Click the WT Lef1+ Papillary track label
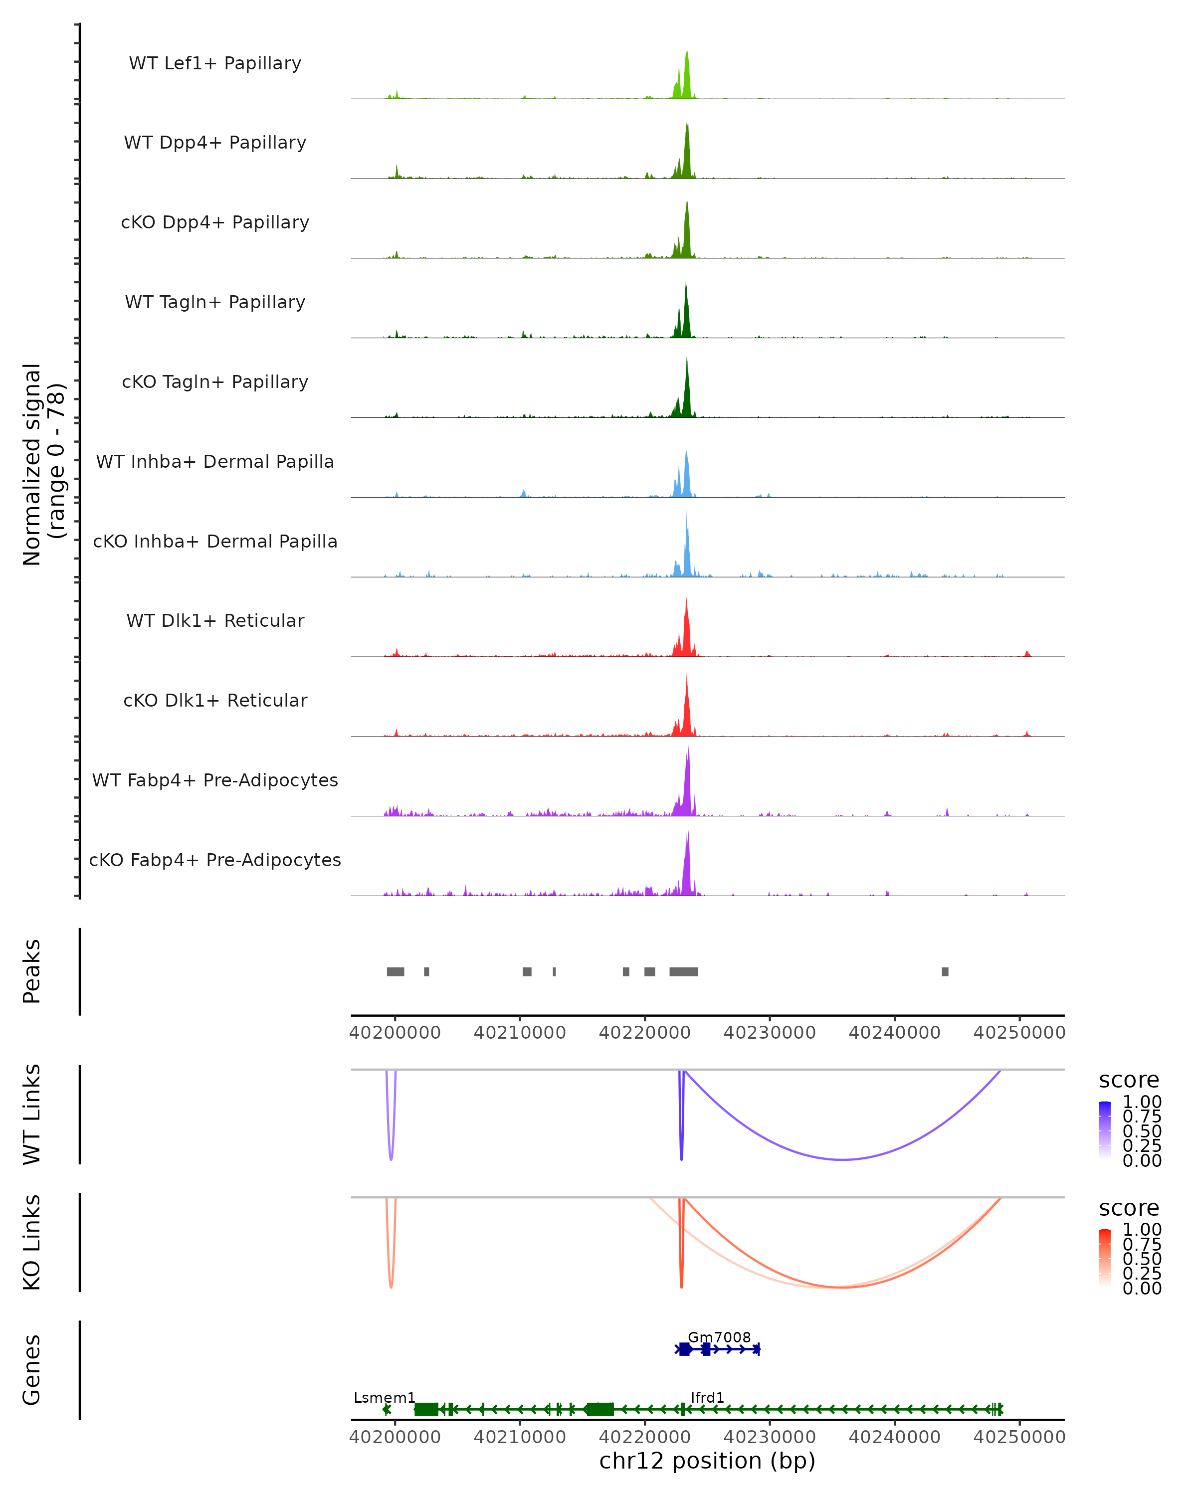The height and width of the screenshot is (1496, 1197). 215,63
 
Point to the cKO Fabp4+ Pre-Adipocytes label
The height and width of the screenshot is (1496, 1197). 215,860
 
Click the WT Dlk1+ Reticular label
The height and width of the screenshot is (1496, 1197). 215,620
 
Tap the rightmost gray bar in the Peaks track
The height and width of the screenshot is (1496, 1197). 945,971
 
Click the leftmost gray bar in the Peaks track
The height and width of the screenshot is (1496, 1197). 396,971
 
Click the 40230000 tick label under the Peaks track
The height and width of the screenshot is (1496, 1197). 770,1033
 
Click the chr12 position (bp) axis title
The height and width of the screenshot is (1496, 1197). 707,1461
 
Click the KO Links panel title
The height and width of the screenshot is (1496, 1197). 32,1243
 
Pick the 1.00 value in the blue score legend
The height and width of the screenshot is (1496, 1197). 1142,1102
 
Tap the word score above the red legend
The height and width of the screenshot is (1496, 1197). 1129,1208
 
